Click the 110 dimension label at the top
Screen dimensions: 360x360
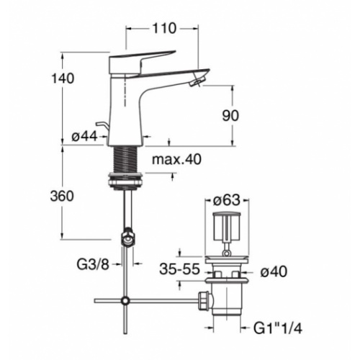[164, 29]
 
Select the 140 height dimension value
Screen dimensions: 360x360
[63, 78]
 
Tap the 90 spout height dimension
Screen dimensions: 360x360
[230, 116]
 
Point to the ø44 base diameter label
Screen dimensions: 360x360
[84, 137]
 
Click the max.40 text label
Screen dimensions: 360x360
[176, 159]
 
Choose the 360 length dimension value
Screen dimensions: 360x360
[62, 196]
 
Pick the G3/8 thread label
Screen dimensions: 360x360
[93, 265]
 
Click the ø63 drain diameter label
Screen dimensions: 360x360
[227, 200]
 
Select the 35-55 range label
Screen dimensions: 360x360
[180, 269]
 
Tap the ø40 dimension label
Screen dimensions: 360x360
[274, 272]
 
